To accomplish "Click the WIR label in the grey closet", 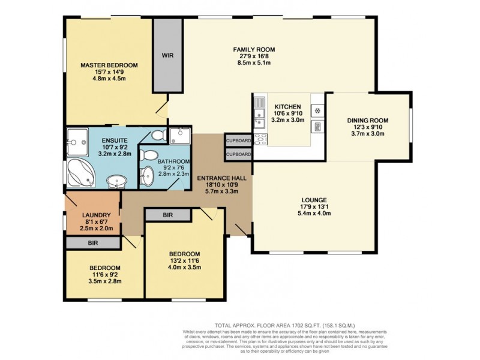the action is click(167, 55).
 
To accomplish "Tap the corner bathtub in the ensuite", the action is click(80, 173).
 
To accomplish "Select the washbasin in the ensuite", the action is click(116, 182).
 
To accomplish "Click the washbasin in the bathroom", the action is click(147, 176).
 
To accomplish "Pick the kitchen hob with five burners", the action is click(260, 140).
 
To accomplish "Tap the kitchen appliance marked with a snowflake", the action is click(317, 110).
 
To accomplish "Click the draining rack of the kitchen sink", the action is click(260, 103).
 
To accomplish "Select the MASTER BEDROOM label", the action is click(109, 65).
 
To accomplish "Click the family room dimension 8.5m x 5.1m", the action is click(254, 63).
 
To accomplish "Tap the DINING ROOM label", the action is click(368, 121).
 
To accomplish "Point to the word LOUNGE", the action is click(314, 200).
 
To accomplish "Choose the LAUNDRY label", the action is click(97, 215).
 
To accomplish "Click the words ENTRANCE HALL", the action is click(221, 178).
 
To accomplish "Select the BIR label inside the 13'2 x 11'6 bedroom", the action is click(168, 215).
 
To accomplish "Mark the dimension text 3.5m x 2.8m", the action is click(104, 281).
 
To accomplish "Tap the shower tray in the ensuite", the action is click(77, 142).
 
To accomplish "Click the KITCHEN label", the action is click(288, 107).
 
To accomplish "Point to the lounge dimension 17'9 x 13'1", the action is click(314, 207).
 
